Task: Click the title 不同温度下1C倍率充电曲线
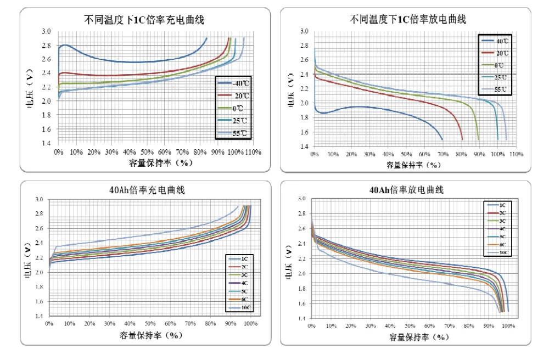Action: coord(144,20)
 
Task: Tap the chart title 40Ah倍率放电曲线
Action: coord(406,190)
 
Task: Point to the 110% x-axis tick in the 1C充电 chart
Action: coord(253,151)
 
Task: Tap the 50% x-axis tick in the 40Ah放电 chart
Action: coord(410,326)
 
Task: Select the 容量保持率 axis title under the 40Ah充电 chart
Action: coord(150,335)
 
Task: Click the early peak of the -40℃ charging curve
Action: coord(65,45)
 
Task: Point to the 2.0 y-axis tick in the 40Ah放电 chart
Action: coord(301,273)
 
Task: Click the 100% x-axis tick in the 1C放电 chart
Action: coord(497,155)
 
